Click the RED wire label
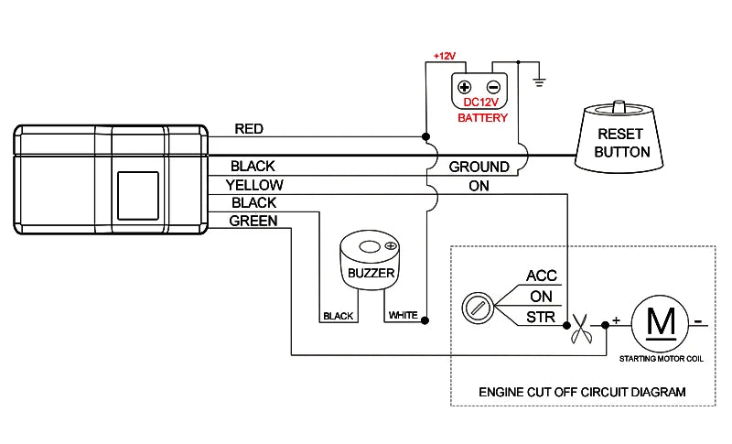pos(249,129)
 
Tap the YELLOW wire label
pos(253,185)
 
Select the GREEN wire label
pos(253,221)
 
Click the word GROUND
pos(479,167)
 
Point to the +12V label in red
pos(445,56)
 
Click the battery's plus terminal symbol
pos(464,88)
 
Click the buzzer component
pos(370,261)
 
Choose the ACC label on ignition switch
pos(541,276)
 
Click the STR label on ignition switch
pos(540,318)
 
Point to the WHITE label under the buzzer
pos(403,316)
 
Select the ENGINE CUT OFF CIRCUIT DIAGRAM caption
pos(582,392)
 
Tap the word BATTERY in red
pos(482,118)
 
